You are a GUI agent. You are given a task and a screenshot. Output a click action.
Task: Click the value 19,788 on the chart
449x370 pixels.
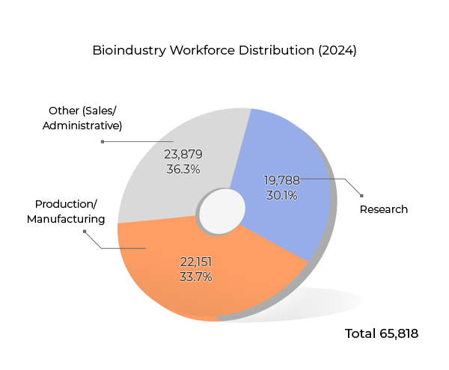281,180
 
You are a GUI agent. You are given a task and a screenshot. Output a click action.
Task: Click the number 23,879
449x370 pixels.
183,154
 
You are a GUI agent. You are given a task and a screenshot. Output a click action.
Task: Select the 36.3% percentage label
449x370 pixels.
183,170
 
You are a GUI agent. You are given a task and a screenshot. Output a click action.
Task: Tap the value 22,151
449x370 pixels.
196,261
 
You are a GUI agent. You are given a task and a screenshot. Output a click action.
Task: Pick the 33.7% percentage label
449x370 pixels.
196,277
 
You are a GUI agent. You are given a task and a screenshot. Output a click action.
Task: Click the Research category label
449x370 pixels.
384,209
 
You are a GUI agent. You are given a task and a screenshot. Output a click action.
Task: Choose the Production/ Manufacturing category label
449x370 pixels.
66,211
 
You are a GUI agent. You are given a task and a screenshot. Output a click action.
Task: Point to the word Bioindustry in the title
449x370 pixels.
129,51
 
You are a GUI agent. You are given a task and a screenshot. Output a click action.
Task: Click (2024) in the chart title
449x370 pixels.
337,51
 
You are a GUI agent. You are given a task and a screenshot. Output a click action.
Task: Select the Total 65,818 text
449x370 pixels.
381,333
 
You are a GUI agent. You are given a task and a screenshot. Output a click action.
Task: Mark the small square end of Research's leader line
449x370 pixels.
361,197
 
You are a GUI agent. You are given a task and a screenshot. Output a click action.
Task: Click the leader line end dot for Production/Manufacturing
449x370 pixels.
85,232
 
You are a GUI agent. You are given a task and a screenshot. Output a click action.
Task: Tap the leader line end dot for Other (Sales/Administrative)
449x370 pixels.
102,141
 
